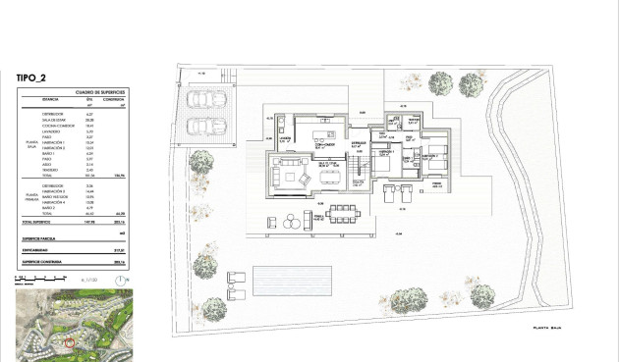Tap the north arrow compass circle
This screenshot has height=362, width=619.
tap(121, 279)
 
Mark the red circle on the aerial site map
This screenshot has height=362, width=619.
tap(68, 341)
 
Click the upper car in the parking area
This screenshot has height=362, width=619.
tap(208, 99)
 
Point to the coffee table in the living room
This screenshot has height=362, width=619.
tap(297, 176)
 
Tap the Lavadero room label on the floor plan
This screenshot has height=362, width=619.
tap(286, 139)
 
